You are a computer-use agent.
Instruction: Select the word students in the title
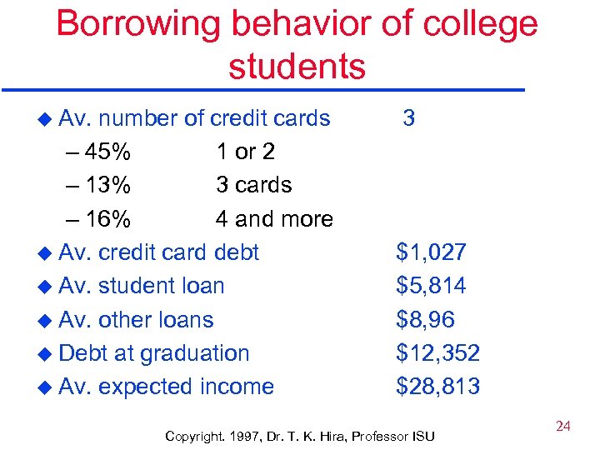(x=297, y=67)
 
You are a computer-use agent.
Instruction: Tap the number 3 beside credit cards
(x=408, y=117)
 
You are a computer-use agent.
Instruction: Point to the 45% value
(x=106, y=152)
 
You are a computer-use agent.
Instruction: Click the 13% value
(x=106, y=185)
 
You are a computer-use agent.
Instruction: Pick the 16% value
(x=106, y=219)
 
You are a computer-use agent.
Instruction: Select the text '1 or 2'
(x=245, y=152)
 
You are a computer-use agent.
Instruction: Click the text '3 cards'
(x=253, y=185)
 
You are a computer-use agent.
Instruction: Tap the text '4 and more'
(x=274, y=219)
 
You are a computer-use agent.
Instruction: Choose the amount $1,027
(x=431, y=252)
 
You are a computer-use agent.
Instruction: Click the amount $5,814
(x=431, y=286)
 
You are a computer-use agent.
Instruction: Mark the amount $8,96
(x=425, y=319)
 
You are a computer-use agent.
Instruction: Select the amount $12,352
(x=437, y=353)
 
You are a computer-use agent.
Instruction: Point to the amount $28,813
(x=437, y=387)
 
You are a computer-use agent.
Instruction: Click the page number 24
(x=562, y=427)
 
